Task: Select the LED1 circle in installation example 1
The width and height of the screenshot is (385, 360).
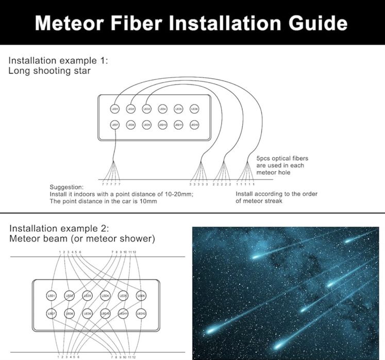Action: tap(114, 109)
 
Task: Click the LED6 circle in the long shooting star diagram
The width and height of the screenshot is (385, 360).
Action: tap(194, 109)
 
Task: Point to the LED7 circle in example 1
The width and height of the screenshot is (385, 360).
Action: tap(114, 125)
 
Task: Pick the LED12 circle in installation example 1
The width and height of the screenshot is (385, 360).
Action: tap(194, 125)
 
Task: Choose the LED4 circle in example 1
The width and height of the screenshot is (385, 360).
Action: tap(162, 109)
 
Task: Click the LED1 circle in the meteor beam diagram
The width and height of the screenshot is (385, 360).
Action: tap(52, 296)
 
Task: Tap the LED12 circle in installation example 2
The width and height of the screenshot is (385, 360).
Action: tap(141, 313)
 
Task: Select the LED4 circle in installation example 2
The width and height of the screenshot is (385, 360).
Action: tap(105, 296)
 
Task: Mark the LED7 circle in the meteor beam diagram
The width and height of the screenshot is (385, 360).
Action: tap(52, 313)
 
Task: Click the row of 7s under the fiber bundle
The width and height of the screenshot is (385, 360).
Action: tap(112, 184)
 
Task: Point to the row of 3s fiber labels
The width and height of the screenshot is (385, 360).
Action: tap(198, 184)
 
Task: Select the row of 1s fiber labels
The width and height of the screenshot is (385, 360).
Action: tap(245, 184)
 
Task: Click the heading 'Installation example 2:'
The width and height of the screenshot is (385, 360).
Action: tap(59, 229)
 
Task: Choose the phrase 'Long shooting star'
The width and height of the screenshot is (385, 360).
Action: tap(49, 71)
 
